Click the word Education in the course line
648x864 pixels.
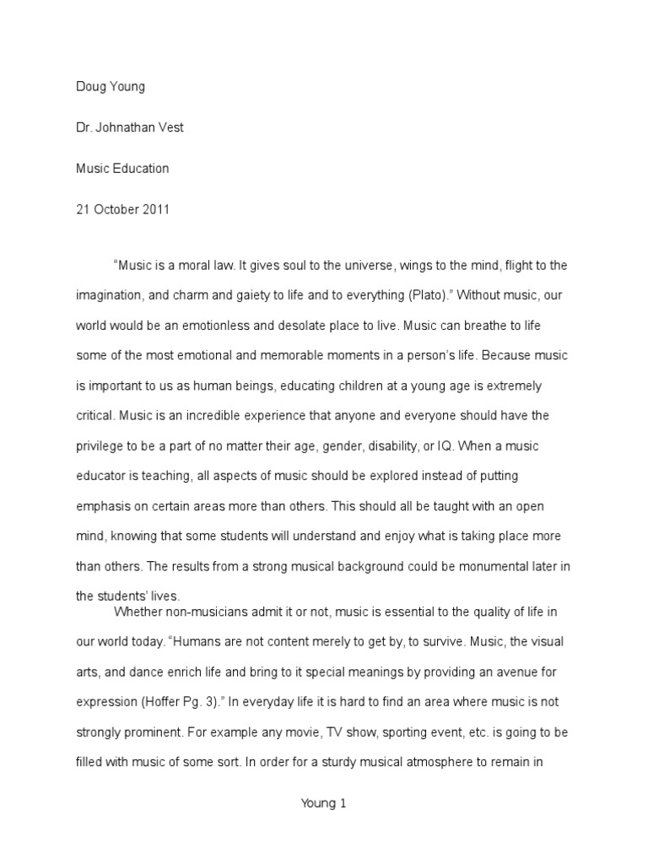click(138, 168)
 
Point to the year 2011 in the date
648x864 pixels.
click(154, 209)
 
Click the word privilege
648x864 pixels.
click(101, 416)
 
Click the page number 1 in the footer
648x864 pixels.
click(343, 803)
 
